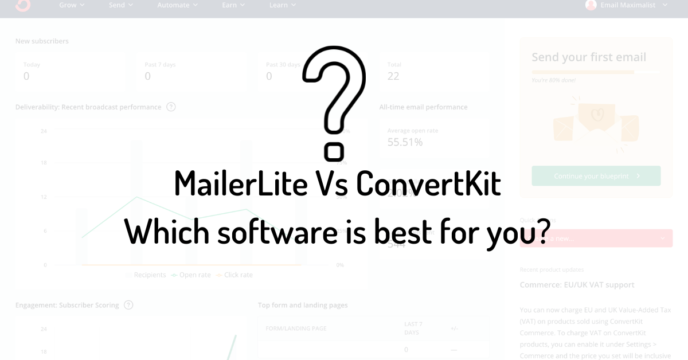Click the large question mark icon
tap(334, 103)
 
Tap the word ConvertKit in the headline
tap(429, 184)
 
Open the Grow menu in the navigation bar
tap(72, 5)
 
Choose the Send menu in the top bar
tap(120, 5)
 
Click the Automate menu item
tap(177, 5)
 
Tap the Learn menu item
tap(282, 5)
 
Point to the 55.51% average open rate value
tap(405, 142)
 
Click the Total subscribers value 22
tap(393, 76)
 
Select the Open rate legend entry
tap(195, 275)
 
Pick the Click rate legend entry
tap(238, 275)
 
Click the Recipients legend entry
tap(149, 275)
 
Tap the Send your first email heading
tap(589, 57)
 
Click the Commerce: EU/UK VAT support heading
tap(577, 285)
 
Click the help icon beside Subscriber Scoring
tap(128, 305)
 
